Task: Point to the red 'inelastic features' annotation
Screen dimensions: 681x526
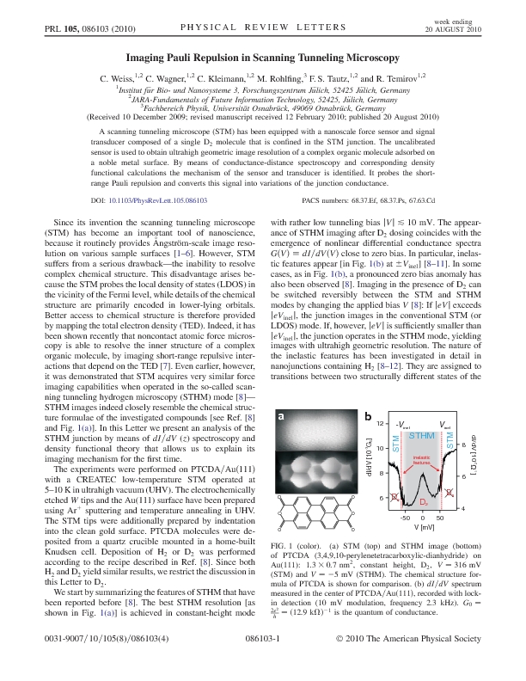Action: [x=422, y=461]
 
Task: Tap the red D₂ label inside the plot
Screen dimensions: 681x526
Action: [x=423, y=501]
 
